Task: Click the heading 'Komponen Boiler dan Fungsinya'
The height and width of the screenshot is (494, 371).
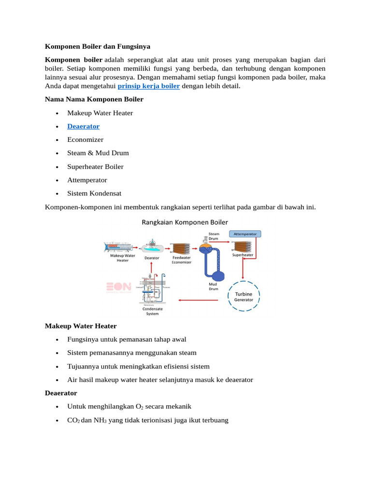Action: coord(98,47)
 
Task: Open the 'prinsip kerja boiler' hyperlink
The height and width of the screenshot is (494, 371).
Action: coord(149,86)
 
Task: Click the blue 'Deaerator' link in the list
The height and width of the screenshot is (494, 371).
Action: coord(83,126)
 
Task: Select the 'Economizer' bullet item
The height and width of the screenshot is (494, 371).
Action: coord(85,139)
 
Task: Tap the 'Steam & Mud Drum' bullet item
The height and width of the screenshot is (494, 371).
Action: coord(98,153)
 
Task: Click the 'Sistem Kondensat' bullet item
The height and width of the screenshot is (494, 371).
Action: coord(94,193)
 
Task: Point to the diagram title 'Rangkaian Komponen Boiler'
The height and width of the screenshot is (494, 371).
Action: coord(185,222)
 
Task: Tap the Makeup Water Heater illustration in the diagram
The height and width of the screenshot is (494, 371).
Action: coord(118,247)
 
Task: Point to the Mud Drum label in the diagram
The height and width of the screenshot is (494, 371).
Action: coord(213,287)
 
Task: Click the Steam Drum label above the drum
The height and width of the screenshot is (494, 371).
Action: coord(214,236)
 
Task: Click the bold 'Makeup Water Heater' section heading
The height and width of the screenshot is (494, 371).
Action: coord(81,326)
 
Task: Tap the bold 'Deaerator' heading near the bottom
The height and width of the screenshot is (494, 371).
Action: coord(61,393)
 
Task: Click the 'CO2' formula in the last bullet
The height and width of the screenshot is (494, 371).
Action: coord(73,420)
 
